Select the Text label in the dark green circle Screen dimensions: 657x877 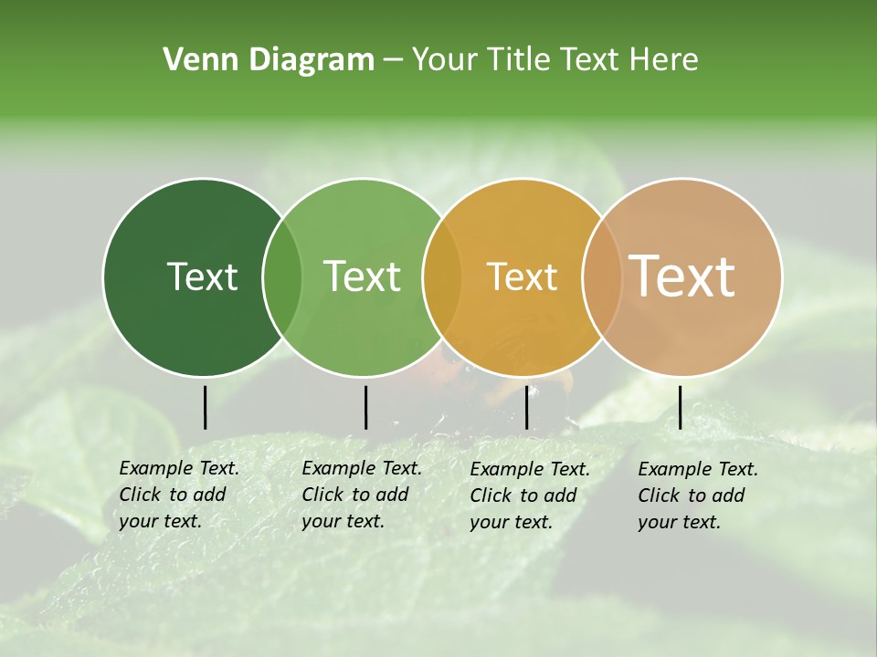click(x=202, y=276)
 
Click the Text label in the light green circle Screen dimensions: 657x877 click(x=362, y=276)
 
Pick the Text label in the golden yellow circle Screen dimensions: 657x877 click(x=522, y=276)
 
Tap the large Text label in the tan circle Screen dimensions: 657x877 click(x=682, y=276)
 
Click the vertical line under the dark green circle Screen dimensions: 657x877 click(x=205, y=407)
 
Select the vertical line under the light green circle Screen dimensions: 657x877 click(x=365, y=407)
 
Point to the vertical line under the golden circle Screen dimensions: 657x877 click(x=526, y=407)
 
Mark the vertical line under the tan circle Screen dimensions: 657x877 click(x=680, y=407)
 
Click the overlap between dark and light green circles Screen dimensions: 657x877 click(x=282, y=276)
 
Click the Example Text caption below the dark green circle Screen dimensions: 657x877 click(x=178, y=495)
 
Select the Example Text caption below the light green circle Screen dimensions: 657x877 click(x=361, y=495)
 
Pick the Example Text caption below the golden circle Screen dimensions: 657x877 click(x=529, y=495)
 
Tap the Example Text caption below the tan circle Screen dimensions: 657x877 click(x=697, y=495)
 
